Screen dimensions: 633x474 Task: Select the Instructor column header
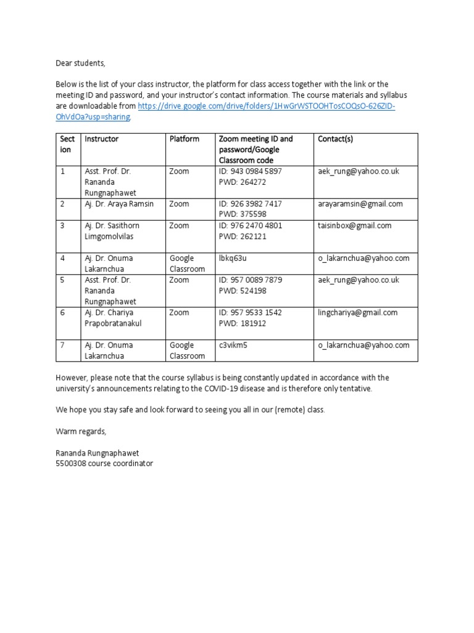101,139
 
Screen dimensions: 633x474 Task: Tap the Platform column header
185,139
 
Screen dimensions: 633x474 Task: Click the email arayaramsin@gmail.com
360,204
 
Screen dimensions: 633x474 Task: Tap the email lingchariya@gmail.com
357,313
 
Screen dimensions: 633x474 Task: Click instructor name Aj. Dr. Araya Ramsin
119,204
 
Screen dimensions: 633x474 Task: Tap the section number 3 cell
63,226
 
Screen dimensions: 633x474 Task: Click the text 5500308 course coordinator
104,463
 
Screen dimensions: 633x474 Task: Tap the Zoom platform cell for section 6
179,313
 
